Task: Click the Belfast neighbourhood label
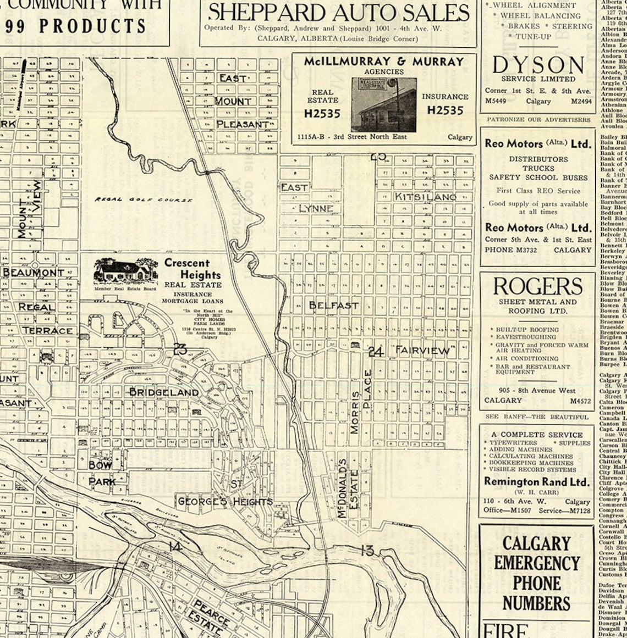(333, 305)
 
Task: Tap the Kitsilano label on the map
(425, 196)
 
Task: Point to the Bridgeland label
(164, 392)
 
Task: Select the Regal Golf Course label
(144, 199)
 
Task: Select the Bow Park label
(102, 473)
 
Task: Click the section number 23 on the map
(180, 348)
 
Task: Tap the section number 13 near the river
(367, 550)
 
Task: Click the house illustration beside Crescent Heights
(125, 271)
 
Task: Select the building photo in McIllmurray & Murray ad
(383, 104)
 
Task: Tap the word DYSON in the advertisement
(537, 65)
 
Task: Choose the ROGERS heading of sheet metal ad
(537, 286)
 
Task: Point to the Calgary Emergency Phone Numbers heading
(536, 573)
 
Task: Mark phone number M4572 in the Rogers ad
(580, 401)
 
